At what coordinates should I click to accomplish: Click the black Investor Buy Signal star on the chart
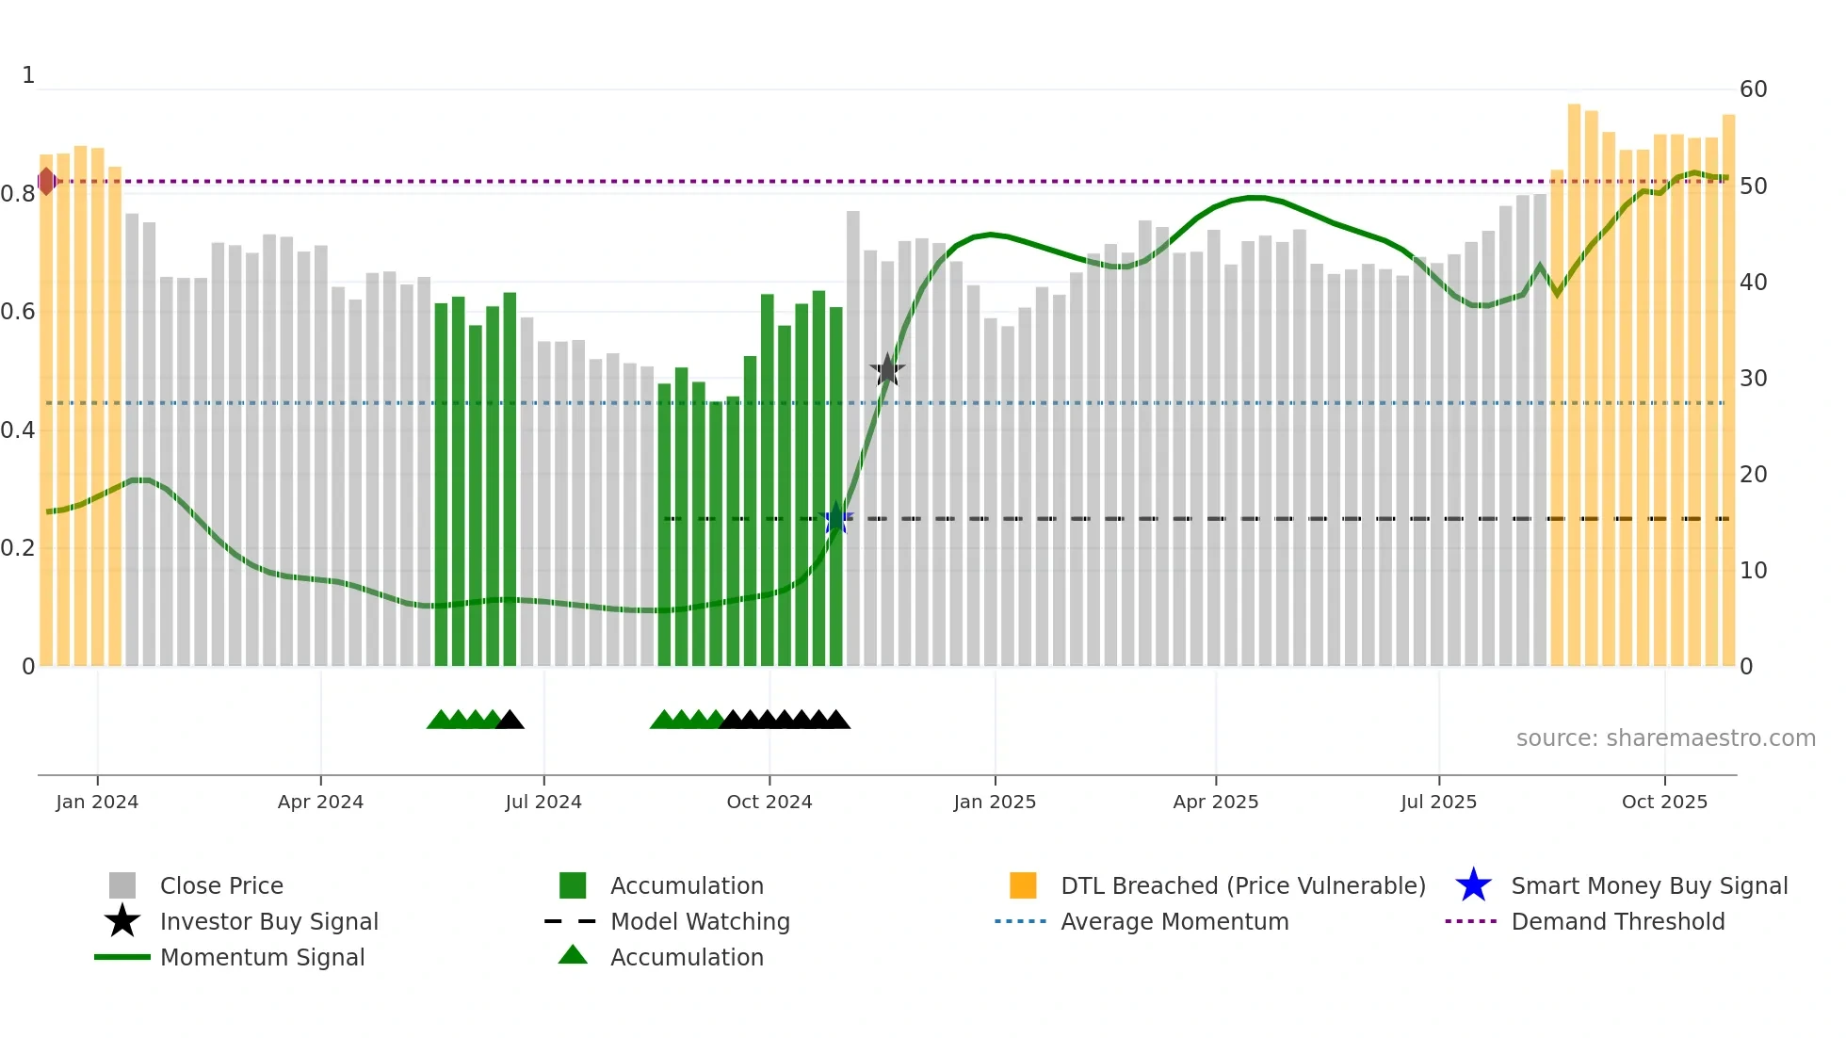pyautogui.click(x=886, y=370)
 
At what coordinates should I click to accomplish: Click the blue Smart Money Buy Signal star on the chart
pyautogui.click(x=835, y=519)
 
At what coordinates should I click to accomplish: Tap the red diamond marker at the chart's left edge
pyautogui.click(x=46, y=181)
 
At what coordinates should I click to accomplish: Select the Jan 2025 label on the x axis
pyautogui.click(x=995, y=802)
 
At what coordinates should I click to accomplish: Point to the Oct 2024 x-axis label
pyautogui.click(x=769, y=802)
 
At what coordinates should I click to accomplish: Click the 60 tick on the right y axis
pyautogui.click(x=1753, y=89)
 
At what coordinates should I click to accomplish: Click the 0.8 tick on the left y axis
pyautogui.click(x=17, y=194)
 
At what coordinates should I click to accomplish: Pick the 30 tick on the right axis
pyautogui.click(x=1753, y=379)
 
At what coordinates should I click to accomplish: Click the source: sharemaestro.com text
pyautogui.click(x=1665, y=738)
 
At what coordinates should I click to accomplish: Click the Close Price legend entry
pyautogui.click(x=221, y=885)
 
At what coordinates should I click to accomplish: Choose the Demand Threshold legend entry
pyautogui.click(x=1617, y=921)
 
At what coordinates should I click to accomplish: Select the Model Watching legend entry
pyautogui.click(x=699, y=921)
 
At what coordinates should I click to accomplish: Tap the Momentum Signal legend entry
pyautogui.click(x=262, y=957)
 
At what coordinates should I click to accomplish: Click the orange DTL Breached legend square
pyautogui.click(x=1023, y=885)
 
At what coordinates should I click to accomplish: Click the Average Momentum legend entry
pyautogui.click(x=1174, y=921)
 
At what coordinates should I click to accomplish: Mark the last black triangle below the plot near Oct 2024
pyautogui.click(x=837, y=720)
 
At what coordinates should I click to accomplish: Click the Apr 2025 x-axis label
pyautogui.click(x=1215, y=802)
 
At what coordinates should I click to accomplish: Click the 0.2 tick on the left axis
pyautogui.click(x=17, y=548)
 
